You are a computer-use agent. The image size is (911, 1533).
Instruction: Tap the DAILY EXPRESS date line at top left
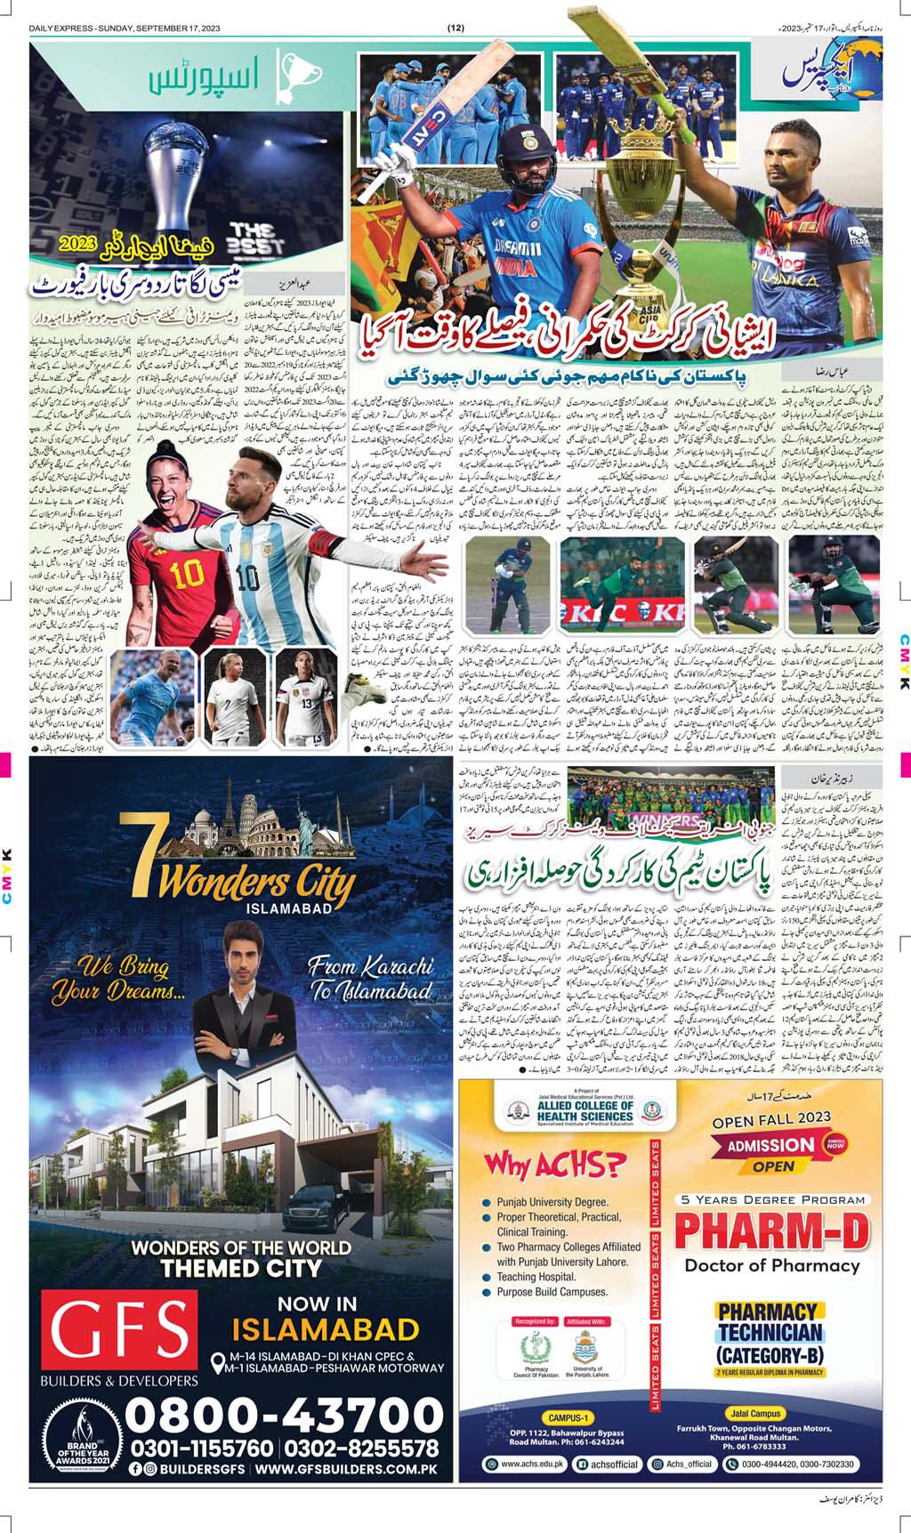pos(125,28)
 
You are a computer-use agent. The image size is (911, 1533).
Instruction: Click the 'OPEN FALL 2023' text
pos(771,1117)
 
